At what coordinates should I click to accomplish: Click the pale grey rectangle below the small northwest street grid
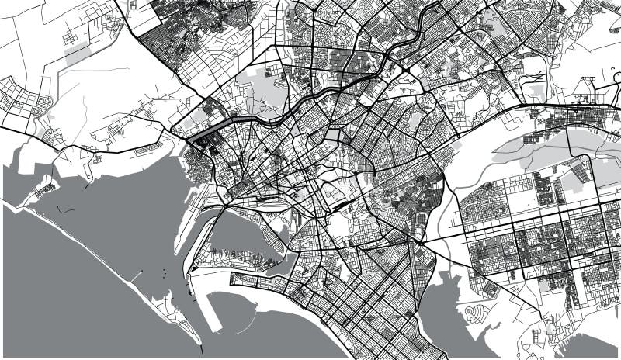(77, 54)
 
